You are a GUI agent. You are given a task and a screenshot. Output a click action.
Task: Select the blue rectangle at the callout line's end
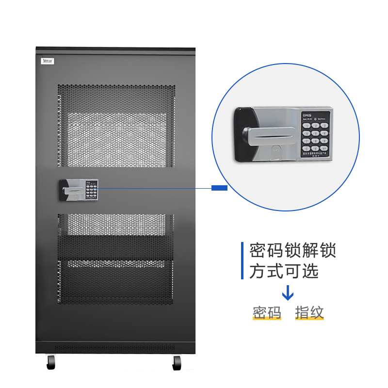[220, 188]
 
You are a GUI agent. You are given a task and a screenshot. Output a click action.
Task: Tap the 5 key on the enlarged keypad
[316, 133]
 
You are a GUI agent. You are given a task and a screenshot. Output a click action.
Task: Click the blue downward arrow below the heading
[288, 292]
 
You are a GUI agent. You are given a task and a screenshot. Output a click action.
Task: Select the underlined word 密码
[267, 313]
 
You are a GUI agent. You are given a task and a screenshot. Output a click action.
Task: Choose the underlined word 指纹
[309, 313]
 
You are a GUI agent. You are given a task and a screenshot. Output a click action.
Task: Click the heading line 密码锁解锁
[292, 251]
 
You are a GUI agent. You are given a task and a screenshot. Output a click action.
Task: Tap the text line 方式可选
[284, 272]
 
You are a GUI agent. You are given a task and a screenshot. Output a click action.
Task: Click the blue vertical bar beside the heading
[242, 261]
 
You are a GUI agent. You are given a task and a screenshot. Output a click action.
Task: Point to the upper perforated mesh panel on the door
[116, 126]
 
